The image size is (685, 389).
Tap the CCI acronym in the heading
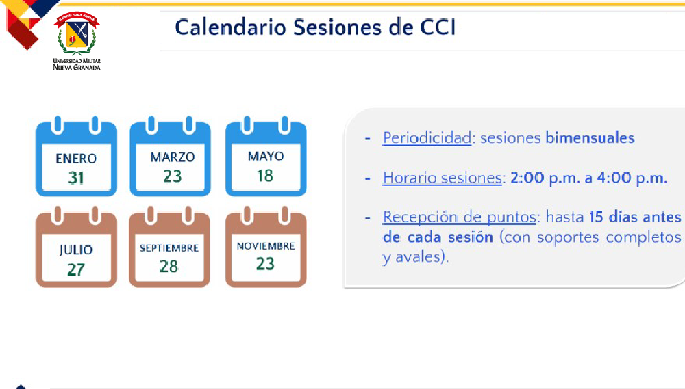click(x=438, y=27)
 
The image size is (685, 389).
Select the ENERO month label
click(x=76, y=159)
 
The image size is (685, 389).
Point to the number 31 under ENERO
click(x=76, y=178)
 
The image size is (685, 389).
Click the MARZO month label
click(x=173, y=157)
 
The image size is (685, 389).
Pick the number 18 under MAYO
click(x=265, y=176)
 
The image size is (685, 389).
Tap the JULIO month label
click(x=76, y=250)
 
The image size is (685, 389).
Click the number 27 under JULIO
click(x=76, y=269)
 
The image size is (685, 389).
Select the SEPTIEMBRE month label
click(x=169, y=249)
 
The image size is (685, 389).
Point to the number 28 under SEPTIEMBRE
click(x=169, y=267)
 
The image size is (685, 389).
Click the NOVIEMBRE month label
click(x=266, y=246)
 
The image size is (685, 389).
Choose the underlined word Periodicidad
click(x=427, y=138)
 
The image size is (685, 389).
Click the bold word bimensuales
click(x=590, y=138)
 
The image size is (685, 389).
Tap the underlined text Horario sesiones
click(x=442, y=178)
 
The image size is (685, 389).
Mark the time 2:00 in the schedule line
click(x=527, y=178)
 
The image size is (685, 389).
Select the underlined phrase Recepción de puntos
click(x=459, y=217)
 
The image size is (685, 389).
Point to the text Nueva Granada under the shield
click(x=77, y=68)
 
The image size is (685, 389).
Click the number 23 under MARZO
click(x=173, y=176)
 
